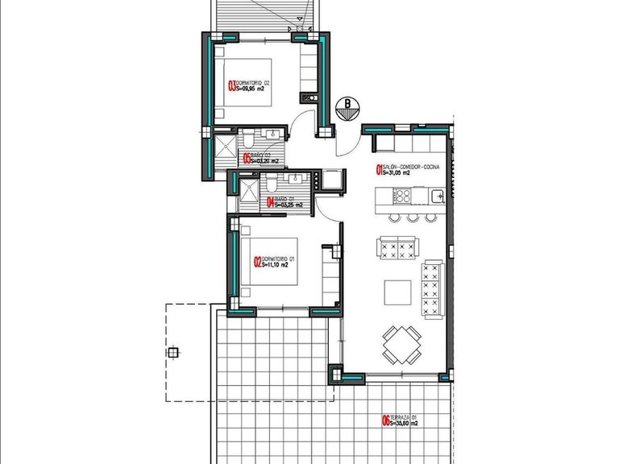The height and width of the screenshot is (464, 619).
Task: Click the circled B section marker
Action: point(347,104)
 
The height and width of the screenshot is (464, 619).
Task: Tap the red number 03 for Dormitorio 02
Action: point(233,86)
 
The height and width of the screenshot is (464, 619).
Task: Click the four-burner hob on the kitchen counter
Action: point(402,195)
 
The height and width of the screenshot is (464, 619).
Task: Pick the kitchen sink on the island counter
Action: point(436,195)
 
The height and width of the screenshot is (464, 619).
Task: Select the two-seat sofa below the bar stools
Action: point(399,246)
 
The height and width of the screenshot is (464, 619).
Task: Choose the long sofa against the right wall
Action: point(432,288)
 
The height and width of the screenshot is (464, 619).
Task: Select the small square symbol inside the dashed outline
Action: point(172,352)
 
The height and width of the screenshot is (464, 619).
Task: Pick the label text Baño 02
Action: point(260,155)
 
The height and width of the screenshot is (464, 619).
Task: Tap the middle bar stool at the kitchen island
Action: point(412,217)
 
